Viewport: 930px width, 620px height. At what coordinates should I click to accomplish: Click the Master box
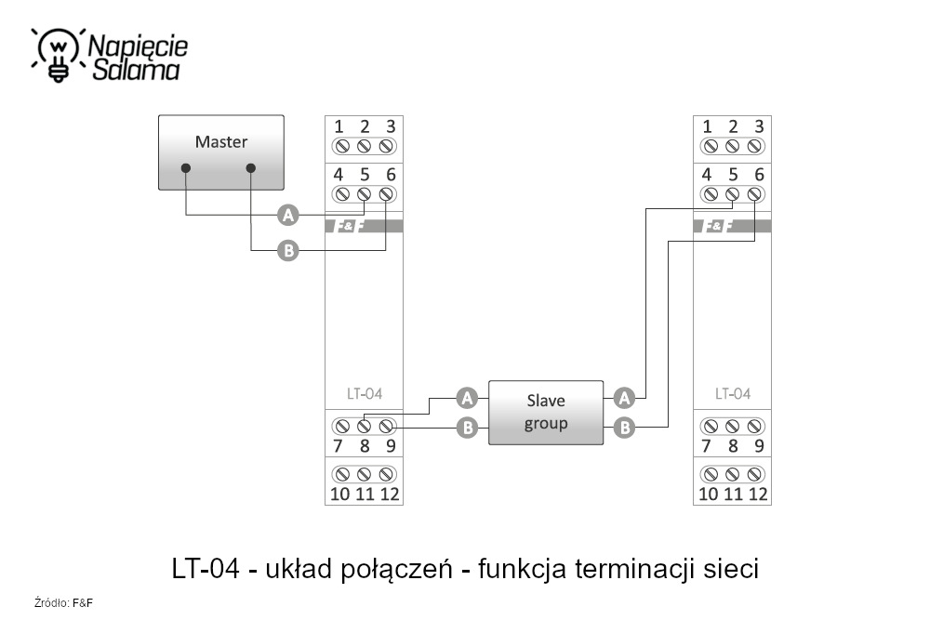coord(221,152)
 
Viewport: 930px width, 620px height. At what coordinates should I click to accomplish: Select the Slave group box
coord(546,413)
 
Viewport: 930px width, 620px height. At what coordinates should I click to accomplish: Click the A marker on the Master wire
coord(288,216)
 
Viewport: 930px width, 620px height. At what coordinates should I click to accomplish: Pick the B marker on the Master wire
coord(288,250)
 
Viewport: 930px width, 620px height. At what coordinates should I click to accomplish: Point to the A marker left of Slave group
coord(467,399)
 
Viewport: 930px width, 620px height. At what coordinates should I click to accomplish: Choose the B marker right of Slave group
coord(625,428)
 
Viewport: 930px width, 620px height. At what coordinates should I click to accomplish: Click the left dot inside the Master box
coord(186,168)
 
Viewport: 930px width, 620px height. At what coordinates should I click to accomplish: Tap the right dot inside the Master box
coord(251,168)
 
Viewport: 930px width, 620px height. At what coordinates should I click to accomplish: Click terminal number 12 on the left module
coord(390,494)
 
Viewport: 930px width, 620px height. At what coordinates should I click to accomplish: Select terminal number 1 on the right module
coord(709,126)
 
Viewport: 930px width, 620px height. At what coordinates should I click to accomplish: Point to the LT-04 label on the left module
coord(364,394)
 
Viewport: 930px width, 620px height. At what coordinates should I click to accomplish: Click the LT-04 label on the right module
coord(733,394)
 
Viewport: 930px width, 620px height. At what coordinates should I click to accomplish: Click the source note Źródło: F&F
coord(64,603)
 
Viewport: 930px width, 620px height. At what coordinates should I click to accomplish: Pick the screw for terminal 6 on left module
coord(387,194)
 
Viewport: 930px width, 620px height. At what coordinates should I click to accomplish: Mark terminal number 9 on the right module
coord(758,446)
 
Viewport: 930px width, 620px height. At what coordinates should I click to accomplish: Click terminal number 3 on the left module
coord(390,126)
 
